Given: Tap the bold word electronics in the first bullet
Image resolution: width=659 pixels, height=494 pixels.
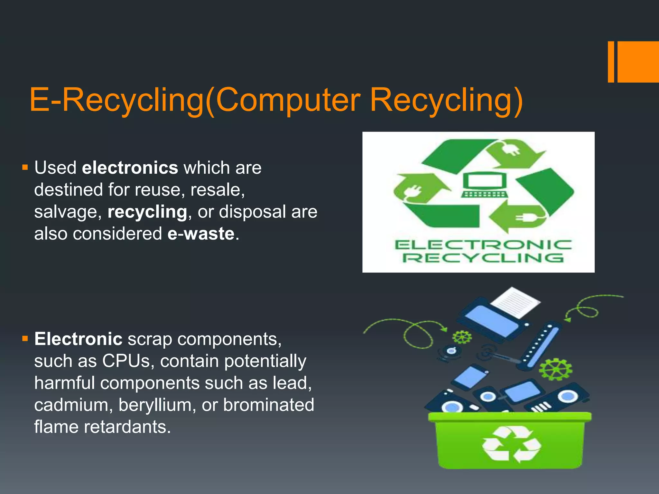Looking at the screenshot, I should pos(130,168).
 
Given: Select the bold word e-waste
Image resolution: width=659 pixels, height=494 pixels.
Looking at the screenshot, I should pos(201,233).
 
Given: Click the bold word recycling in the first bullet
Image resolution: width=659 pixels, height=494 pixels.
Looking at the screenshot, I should pos(147,212).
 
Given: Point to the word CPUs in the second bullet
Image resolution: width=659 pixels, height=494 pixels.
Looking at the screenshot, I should pos(126,361).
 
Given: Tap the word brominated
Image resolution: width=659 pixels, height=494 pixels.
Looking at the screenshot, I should pos(269,405).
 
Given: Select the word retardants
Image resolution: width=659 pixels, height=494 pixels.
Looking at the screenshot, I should pos(127,427).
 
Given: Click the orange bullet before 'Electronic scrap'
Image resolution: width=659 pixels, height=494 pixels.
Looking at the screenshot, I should pos(25,339).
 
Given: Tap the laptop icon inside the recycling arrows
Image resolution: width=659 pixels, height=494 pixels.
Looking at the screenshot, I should pos(485,185).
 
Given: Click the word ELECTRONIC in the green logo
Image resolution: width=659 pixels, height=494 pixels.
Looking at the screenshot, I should pos(483,245).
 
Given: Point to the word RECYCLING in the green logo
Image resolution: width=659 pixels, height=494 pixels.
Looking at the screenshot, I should pos(483,258).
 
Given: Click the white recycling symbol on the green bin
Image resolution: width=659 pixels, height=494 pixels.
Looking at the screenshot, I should pos(511,444).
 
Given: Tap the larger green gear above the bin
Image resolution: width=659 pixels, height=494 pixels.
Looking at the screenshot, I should pos(555,369).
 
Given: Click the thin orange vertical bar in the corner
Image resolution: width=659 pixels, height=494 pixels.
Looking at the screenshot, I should pos(611,62).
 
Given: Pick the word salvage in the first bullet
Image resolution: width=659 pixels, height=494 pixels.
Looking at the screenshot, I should pos(68,212).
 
